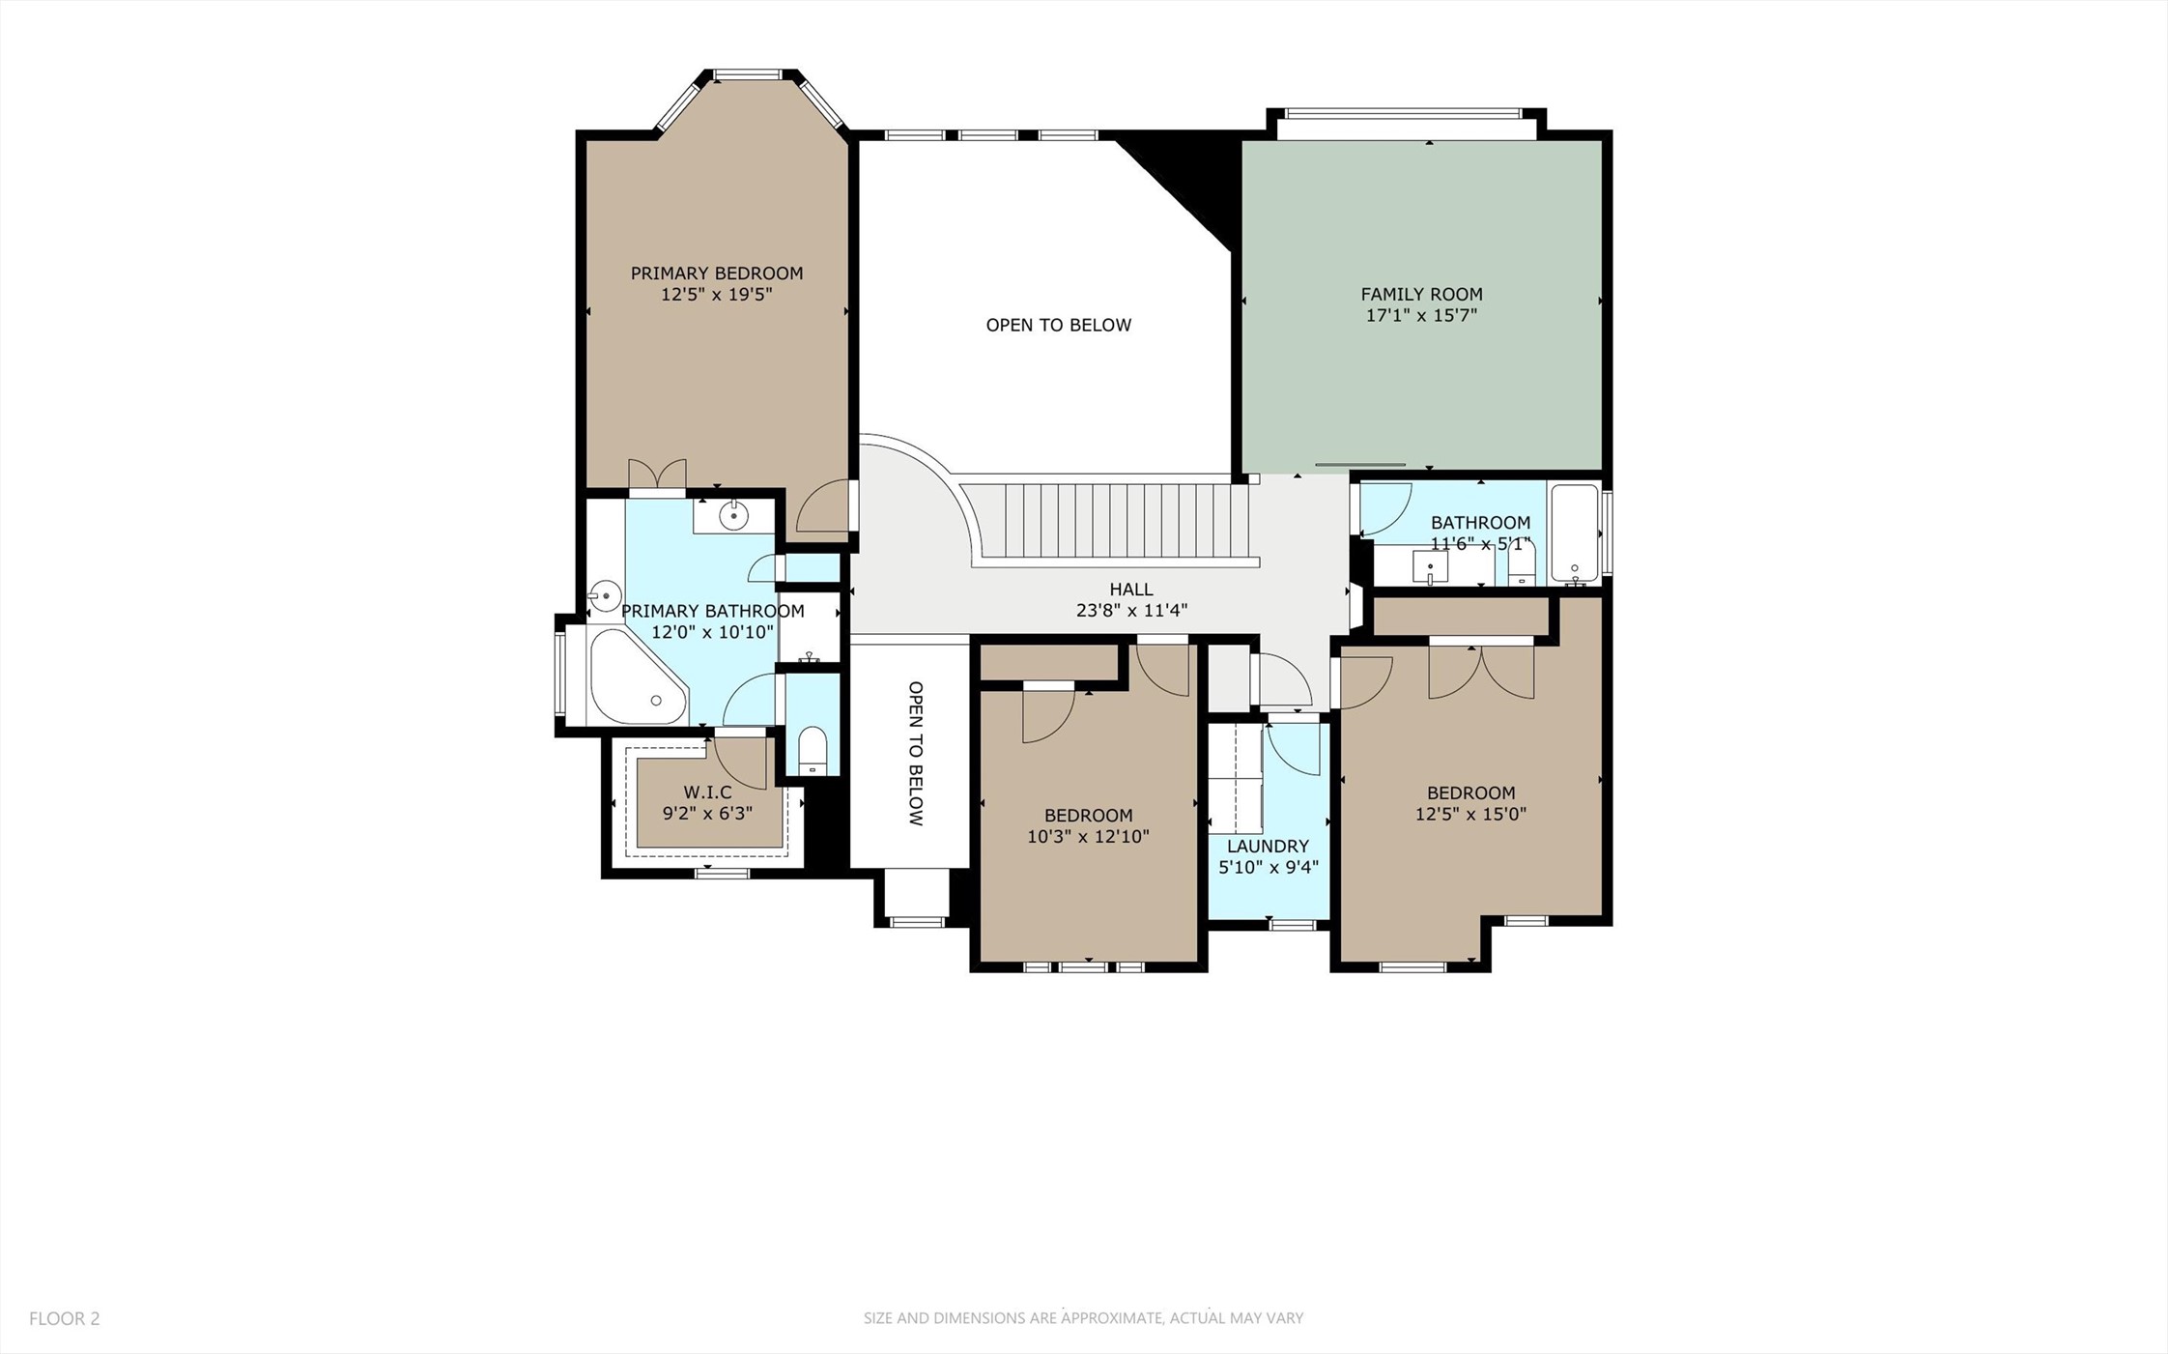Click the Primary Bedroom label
point(716,274)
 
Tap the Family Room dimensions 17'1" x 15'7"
point(1421,315)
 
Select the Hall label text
point(1130,590)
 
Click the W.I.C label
point(707,792)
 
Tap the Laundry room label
point(1268,847)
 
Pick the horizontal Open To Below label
point(1058,326)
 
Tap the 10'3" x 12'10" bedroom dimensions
point(1088,837)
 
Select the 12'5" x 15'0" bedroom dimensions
point(1470,815)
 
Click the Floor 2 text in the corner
point(65,1318)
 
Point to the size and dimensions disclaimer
point(1083,1318)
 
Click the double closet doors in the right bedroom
point(1481,669)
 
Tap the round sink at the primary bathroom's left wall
point(605,595)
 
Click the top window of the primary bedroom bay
point(747,74)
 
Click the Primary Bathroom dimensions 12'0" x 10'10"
point(712,633)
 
